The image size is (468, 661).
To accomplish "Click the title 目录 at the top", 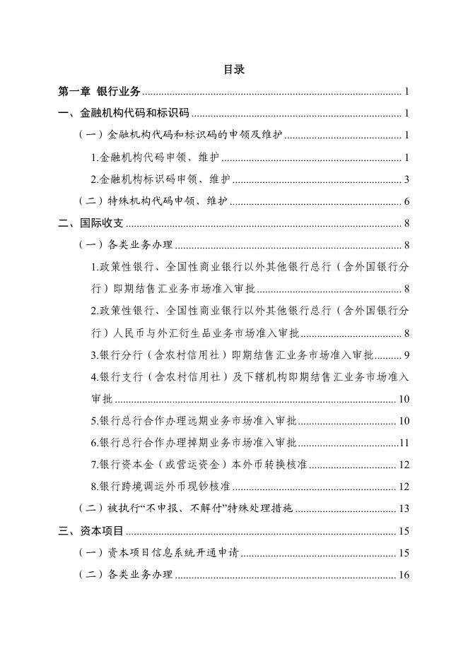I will pos(233,69).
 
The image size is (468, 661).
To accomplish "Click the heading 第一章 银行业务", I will pos(100,91).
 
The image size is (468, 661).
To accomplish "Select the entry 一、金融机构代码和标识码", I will pos(124,113).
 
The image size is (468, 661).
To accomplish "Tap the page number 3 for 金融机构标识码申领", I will pos(407,179).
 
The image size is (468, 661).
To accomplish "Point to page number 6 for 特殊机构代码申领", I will pos(407,201).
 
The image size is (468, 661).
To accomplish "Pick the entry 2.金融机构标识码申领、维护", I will pos(160,179).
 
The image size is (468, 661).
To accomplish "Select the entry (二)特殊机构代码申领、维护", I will pos(152,201).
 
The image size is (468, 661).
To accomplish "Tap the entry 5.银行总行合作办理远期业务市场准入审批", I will pos(194,421).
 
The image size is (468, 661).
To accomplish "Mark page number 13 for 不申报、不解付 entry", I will pos(404,508).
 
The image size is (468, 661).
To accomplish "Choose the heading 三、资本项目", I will pos(91,531).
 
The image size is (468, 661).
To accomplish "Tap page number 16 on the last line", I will pos(404,575).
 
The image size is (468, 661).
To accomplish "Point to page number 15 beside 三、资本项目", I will pos(404,531).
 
